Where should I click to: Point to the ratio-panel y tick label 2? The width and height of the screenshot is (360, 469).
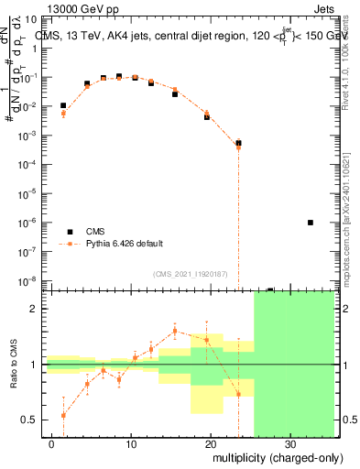click(x=34, y=309)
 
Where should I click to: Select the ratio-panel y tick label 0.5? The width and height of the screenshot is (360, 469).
click(x=30, y=420)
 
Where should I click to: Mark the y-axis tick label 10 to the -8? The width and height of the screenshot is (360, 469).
click(x=29, y=280)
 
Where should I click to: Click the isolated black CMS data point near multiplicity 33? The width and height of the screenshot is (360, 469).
click(x=311, y=223)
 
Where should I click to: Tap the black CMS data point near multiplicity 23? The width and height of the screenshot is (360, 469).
click(x=238, y=143)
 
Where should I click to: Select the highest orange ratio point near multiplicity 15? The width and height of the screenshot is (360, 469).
click(x=175, y=331)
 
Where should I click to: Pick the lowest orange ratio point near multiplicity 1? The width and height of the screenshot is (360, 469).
click(x=63, y=415)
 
